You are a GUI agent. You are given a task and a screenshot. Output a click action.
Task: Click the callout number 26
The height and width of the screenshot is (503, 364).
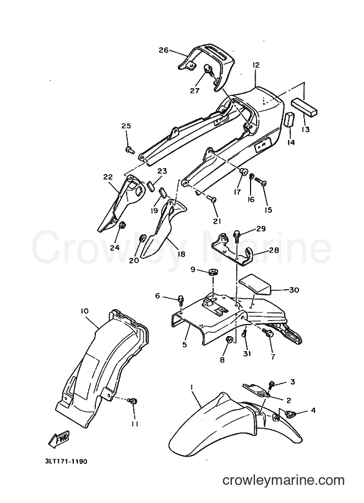[164, 50]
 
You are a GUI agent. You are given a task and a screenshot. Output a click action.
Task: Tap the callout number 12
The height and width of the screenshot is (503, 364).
[256, 65]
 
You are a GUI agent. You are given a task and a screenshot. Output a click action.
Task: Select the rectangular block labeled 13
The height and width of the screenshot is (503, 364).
[304, 107]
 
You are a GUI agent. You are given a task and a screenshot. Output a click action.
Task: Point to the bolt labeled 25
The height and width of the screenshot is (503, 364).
[130, 149]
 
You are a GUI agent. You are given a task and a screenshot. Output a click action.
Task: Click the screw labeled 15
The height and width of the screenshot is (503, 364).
[262, 182]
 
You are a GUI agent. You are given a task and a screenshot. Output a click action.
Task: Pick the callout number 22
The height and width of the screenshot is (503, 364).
[108, 177]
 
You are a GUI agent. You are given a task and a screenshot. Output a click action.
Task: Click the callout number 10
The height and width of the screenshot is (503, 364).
[85, 311]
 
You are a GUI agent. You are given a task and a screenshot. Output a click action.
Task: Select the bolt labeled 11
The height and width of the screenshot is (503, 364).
[132, 401]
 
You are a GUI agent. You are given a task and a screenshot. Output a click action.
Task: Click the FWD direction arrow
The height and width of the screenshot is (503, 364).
[59, 440]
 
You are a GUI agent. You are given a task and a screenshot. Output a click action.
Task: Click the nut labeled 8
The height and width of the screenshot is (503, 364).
[229, 340]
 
